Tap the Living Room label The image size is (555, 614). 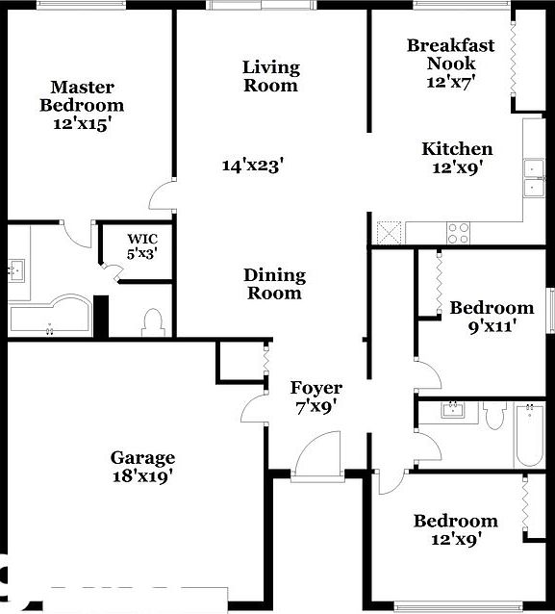(270, 76)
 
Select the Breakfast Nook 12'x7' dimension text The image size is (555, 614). (450, 81)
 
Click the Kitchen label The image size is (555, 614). (457, 149)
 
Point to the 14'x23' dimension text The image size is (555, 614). (252, 166)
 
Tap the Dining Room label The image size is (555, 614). (274, 284)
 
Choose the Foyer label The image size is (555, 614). (316, 388)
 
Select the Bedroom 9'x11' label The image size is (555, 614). (492, 308)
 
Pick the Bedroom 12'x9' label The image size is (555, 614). (456, 522)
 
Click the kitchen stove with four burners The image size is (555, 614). (458, 232)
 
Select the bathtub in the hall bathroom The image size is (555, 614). (528, 435)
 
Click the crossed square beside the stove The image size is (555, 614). (389, 232)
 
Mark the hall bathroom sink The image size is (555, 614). (450, 411)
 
